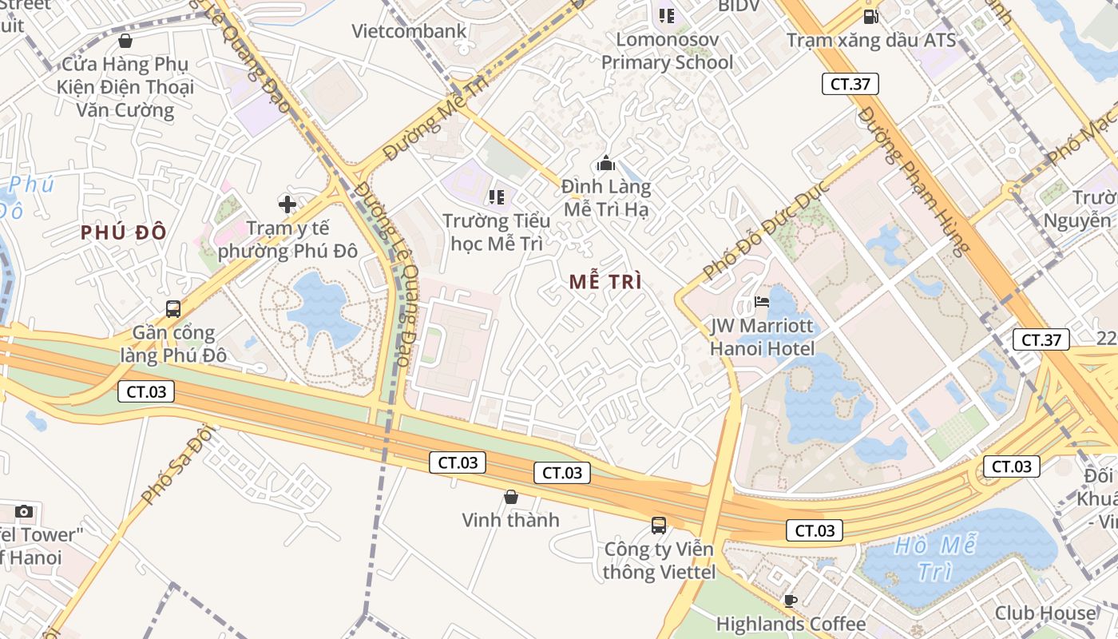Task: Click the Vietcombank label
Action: click(x=410, y=31)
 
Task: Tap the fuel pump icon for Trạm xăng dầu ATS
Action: click(x=870, y=16)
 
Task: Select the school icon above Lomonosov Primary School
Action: click(x=667, y=16)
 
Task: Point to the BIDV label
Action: click(x=739, y=6)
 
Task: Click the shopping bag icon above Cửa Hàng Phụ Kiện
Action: click(x=125, y=41)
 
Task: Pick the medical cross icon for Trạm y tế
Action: click(x=287, y=204)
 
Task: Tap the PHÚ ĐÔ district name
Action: click(x=124, y=232)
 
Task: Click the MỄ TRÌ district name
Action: click(x=606, y=281)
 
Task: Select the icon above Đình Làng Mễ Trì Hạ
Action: click(x=606, y=164)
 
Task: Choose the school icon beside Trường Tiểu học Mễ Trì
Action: click(x=497, y=196)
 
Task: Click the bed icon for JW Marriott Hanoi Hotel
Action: click(x=763, y=302)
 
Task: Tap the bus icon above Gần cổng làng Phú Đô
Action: click(x=173, y=308)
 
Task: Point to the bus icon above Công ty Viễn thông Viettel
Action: click(x=659, y=525)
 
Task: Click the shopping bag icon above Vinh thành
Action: click(x=511, y=497)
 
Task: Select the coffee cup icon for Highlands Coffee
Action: click(x=791, y=601)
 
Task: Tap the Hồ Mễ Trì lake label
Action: click(x=934, y=558)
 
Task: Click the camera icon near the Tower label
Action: click(x=24, y=511)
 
